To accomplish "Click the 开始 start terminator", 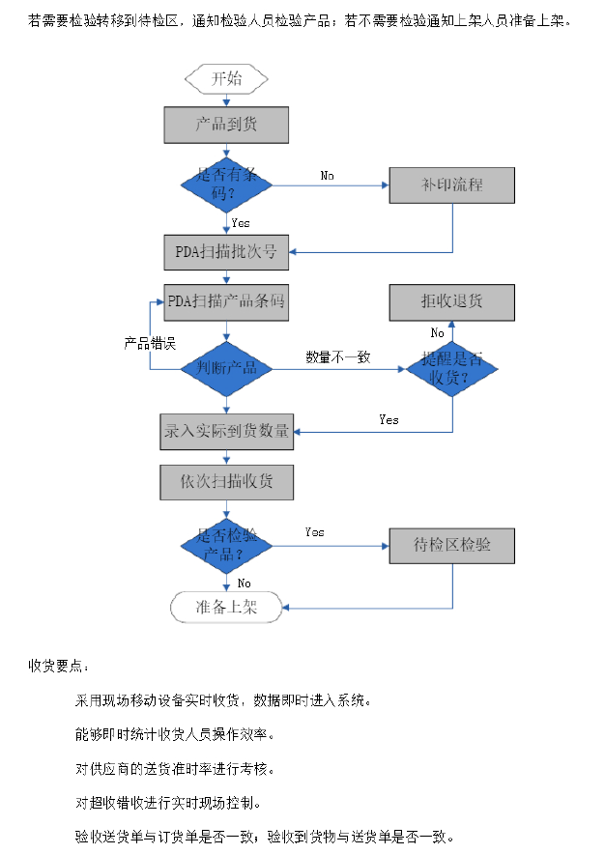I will point(227,78).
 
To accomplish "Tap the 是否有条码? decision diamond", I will point(227,185).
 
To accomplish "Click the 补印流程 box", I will point(451,185).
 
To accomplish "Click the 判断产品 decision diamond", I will point(227,368).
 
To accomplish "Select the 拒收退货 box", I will point(451,302).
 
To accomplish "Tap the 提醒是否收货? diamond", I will point(451,368).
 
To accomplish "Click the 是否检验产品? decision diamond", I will point(227,546).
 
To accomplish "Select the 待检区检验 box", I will point(451,546).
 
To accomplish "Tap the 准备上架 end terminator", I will point(227,608).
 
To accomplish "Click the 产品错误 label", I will point(150,343).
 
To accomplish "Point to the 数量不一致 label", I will point(338,357).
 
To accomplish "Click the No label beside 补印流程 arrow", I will point(328,176).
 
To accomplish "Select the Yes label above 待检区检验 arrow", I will point(315,532).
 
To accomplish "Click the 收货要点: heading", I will point(60,667).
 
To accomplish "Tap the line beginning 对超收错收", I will point(168,803).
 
